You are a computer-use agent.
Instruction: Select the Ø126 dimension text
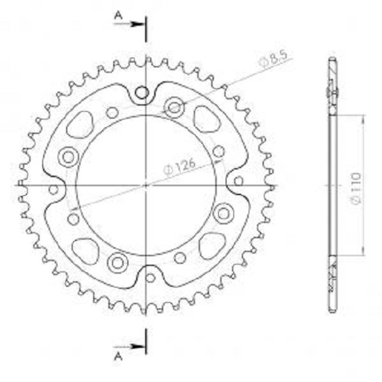point(180,167)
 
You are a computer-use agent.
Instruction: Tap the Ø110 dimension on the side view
point(356,189)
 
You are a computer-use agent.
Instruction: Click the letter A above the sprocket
point(118,16)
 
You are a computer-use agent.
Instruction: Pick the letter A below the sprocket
point(118,357)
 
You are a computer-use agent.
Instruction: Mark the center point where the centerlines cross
point(146,185)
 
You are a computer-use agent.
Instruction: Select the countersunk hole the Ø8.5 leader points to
point(174,108)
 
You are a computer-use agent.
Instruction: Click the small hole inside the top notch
point(142,93)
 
